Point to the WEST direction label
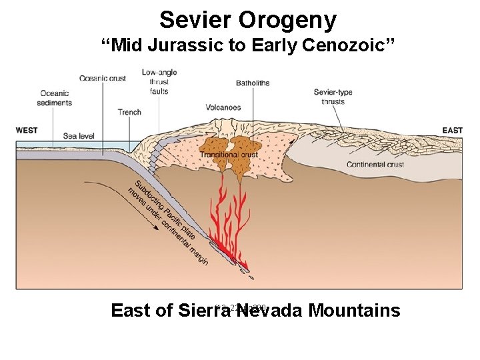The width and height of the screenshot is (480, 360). (27, 130)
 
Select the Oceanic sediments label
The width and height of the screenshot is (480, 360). (56, 98)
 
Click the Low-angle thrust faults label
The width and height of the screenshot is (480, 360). (160, 81)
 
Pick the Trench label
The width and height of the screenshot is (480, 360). (129, 112)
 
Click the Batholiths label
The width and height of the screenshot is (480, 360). (253, 83)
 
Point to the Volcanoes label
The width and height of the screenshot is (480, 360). (223, 107)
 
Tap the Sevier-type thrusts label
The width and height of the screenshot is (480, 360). (333, 97)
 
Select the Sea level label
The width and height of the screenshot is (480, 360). (79, 136)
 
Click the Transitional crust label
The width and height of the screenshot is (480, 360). (229, 155)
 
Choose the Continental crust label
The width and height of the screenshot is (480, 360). (375, 165)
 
